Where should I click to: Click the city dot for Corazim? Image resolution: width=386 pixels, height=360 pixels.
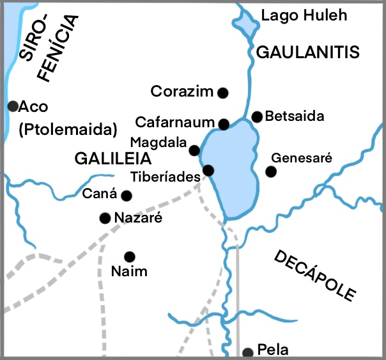tap(223, 93)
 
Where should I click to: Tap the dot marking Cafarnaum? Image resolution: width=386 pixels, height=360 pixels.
tap(224, 124)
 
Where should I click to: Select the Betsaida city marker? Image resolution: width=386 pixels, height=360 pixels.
tap(257, 116)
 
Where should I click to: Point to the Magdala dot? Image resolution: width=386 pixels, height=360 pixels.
tap(194, 150)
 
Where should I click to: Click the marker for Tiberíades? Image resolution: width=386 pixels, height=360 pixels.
tap(208, 170)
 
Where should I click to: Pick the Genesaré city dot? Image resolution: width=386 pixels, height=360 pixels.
tap(271, 171)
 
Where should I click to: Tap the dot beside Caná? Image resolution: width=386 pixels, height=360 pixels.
tap(127, 196)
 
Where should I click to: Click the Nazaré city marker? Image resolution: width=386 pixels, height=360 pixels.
tap(105, 219)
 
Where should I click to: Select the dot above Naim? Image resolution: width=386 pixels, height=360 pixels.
tap(130, 256)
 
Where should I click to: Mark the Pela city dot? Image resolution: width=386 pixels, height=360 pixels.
tap(248, 352)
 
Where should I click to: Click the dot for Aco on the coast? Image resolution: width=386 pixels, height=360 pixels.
tap(12, 106)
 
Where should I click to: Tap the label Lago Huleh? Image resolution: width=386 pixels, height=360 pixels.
tap(304, 15)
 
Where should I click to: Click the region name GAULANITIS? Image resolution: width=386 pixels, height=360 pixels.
tap(308, 52)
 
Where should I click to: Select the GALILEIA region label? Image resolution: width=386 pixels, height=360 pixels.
tap(112, 158)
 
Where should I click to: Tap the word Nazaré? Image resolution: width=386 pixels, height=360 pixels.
tap(137, 218)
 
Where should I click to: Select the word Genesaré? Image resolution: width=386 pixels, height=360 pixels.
tap(302, 158)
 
